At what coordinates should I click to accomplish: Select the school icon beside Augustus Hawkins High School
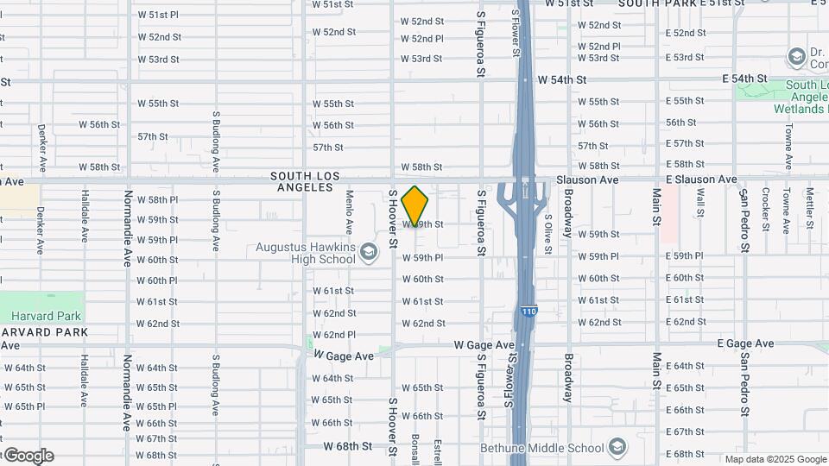369,252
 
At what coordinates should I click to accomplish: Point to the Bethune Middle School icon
617,447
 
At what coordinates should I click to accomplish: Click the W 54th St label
561,79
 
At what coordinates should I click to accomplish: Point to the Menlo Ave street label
350,212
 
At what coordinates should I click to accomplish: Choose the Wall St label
700,203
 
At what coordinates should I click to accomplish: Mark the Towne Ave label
788,145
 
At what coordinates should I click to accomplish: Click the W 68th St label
348,446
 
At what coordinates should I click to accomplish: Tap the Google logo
28,456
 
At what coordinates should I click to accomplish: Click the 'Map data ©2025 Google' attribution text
775,459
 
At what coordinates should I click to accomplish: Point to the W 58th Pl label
157,199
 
